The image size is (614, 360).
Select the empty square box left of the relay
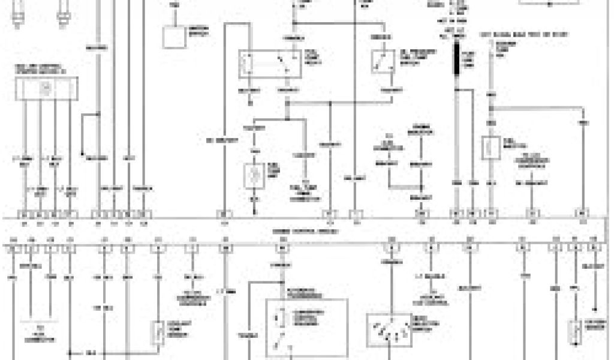pyautogui.click(x=175, y=37)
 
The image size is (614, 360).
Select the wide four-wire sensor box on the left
pyautogui.click(x=46, y=88)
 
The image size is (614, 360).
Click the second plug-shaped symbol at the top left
pyautogui.click(x=62, y=13)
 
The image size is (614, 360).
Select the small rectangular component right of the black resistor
pyautogui.click(x=490, y=147)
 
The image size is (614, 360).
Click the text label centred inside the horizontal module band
pyautogui.click(x=306, y=231)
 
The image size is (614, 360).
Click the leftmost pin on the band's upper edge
pyautogui.click(x=24, y=214)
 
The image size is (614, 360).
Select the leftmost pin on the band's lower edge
pyautogui.click(x=13, y=246)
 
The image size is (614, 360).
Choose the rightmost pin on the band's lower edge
pyautogui.click(x=594, y=246)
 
